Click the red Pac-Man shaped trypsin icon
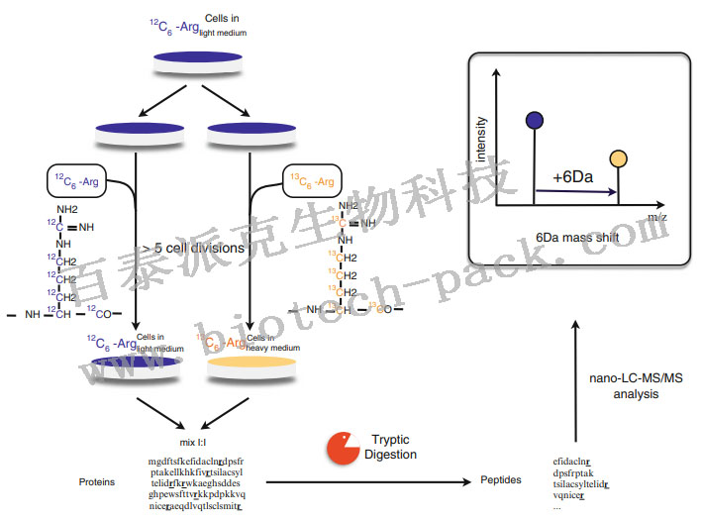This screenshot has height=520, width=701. click(342, 447)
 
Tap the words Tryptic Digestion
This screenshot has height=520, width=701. click(390, 447)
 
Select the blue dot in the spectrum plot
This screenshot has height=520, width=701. click(536, 121)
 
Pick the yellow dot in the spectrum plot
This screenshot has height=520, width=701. click(618, 158)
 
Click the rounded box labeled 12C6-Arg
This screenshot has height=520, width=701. click(77, 181)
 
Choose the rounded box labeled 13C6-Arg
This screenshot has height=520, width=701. click(312, 180)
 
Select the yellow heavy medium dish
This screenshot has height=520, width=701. click(252, 368)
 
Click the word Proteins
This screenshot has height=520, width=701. click(97, 482)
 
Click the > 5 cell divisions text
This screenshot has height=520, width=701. click(192, 248)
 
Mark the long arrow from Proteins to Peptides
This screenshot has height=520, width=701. click(367, 482)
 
